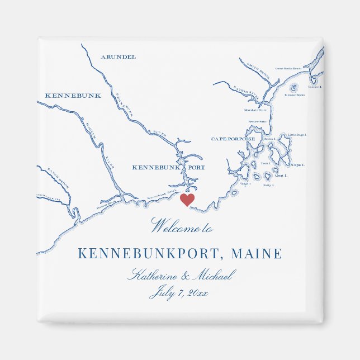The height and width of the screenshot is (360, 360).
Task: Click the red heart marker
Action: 187,200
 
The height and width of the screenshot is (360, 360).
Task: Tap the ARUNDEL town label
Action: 118,56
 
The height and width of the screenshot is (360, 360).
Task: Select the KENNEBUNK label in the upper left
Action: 73,96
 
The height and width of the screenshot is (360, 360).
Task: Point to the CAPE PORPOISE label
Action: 233,139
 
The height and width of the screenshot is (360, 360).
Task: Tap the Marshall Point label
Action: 255,110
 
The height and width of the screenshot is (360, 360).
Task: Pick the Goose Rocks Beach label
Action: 288,69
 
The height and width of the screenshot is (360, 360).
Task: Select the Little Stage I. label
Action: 297,135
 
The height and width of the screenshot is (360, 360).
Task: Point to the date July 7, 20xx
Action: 178,293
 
